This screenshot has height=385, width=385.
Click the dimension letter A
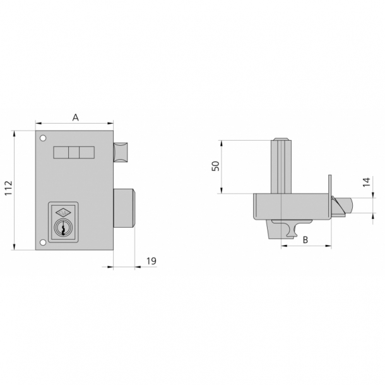tap(76, 117)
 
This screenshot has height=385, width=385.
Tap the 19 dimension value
tap(151, 260)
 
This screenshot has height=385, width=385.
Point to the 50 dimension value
tap(215, 166)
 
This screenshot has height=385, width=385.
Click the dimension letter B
tap(305, 240)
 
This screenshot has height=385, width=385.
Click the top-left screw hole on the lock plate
tap(42, 139)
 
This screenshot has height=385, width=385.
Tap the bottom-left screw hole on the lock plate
tap(42, 242)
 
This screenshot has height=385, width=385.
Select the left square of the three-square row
tap(61, 153)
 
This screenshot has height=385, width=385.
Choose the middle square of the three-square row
tap(74, 153)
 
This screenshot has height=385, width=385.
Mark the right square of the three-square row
tap(86, 153)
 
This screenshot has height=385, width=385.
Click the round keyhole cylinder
tap(63, 228)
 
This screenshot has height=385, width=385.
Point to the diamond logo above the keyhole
tap(63, 213)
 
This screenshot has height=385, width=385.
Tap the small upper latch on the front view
tap(121, 152)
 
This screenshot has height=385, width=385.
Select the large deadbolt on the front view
tap(124, 208)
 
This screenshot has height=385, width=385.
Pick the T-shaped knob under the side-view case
tap(290, 228)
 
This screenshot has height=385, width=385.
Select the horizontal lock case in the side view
tap(290, 206)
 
